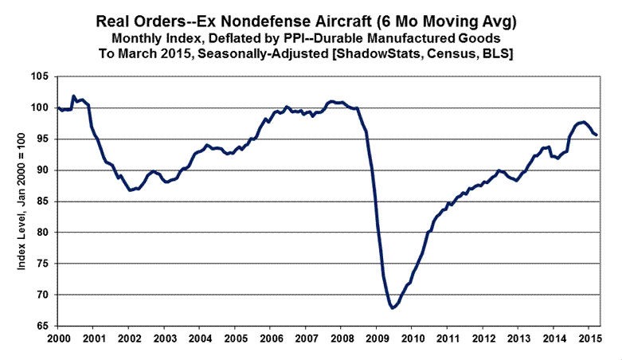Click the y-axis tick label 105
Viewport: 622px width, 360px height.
[41, 76]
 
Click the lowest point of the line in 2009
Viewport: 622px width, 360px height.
[393, 307]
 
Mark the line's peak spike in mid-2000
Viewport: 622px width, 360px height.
[73, 96]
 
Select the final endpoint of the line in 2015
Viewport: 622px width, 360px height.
[597, 135]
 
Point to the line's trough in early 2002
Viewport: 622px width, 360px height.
[131, 190]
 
